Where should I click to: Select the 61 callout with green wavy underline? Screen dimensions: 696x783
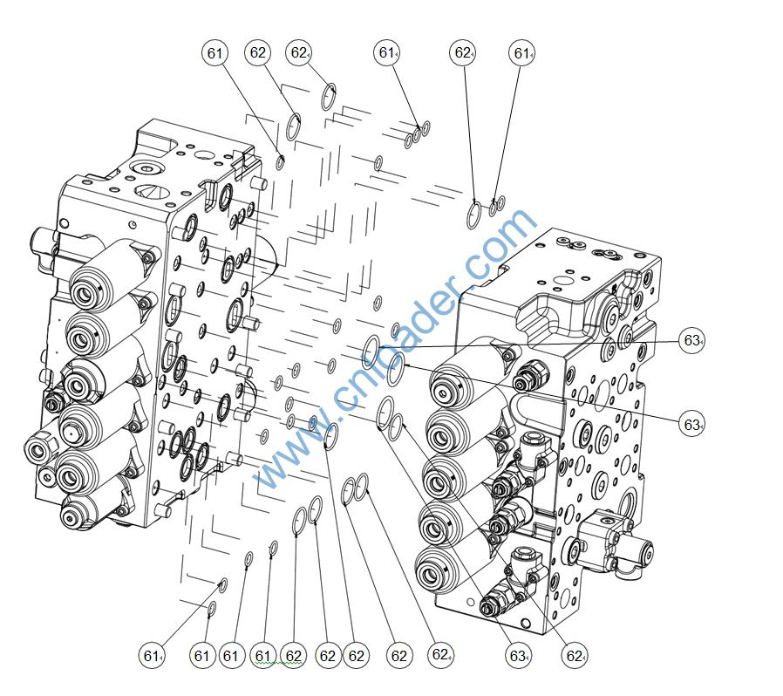tap(264, 655)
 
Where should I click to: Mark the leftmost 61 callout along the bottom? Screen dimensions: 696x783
tap(153, 655)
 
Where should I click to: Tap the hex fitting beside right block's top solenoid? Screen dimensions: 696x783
tap(528, 377)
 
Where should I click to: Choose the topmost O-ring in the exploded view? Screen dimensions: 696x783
tap(329, 96)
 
